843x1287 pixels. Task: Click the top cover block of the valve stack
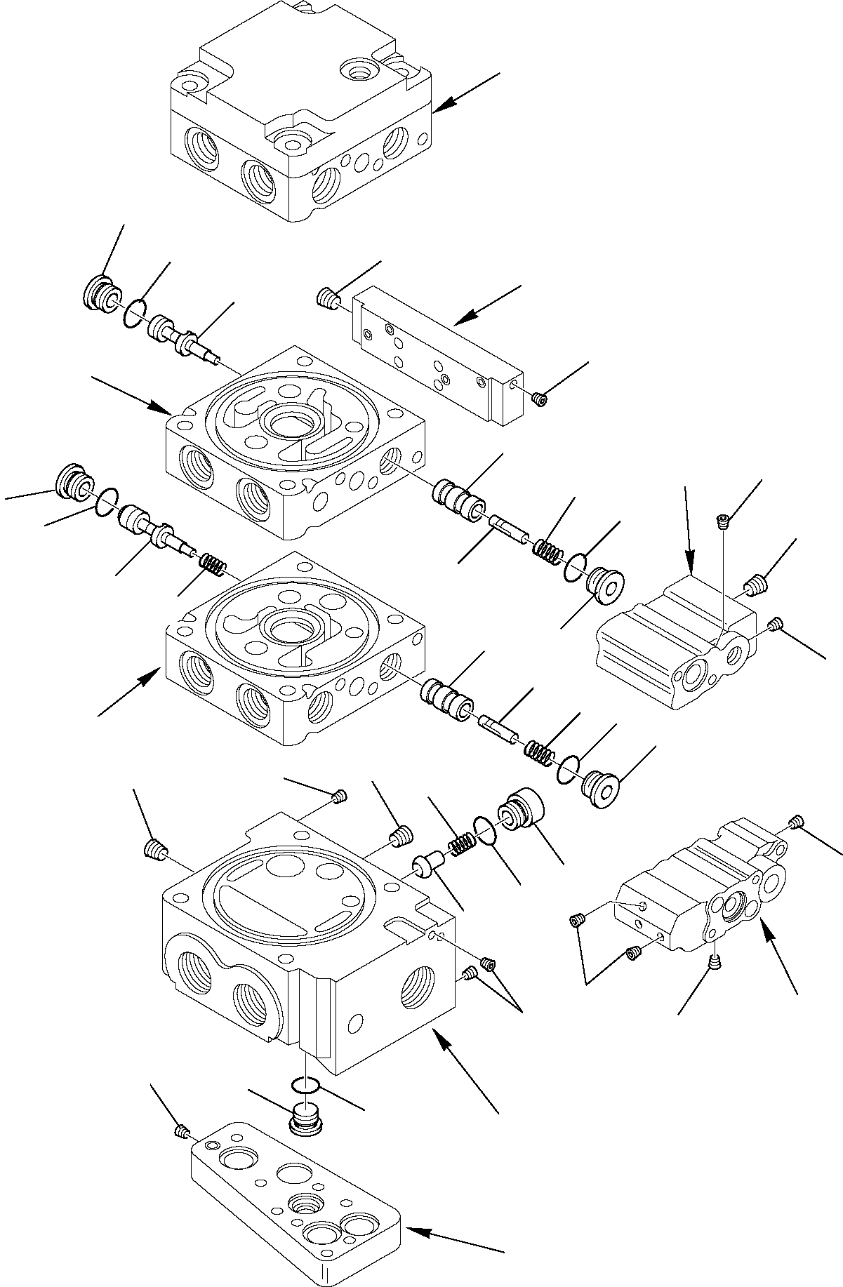click(295, 112)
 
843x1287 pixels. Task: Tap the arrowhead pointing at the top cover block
click(438, 109)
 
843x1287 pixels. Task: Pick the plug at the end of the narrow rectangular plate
click(540, 399)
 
